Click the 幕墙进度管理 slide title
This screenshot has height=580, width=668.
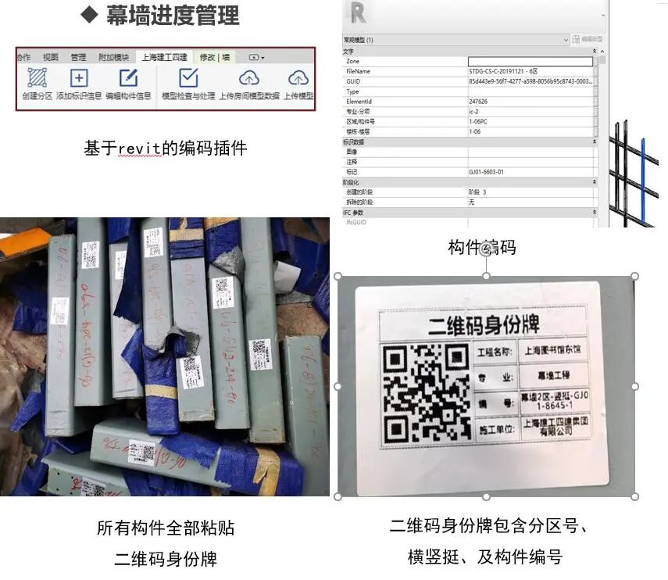(172, 15)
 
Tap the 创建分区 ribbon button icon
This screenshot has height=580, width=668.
(37, 78)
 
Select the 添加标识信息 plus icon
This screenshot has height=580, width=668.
(79, 78)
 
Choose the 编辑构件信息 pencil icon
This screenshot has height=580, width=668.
(128, 78)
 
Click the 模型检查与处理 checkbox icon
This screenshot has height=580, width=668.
(188, 78)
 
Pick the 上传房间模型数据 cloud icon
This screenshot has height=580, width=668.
(248, 78)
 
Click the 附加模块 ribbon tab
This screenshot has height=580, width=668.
(113, 57)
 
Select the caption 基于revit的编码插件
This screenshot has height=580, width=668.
(165, 147)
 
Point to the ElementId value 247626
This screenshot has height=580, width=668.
(478, 101)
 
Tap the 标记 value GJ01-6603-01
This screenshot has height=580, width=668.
(486, 171)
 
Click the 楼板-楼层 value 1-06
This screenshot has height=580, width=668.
(474, 131)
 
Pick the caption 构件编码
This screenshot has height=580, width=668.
(481, 247)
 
